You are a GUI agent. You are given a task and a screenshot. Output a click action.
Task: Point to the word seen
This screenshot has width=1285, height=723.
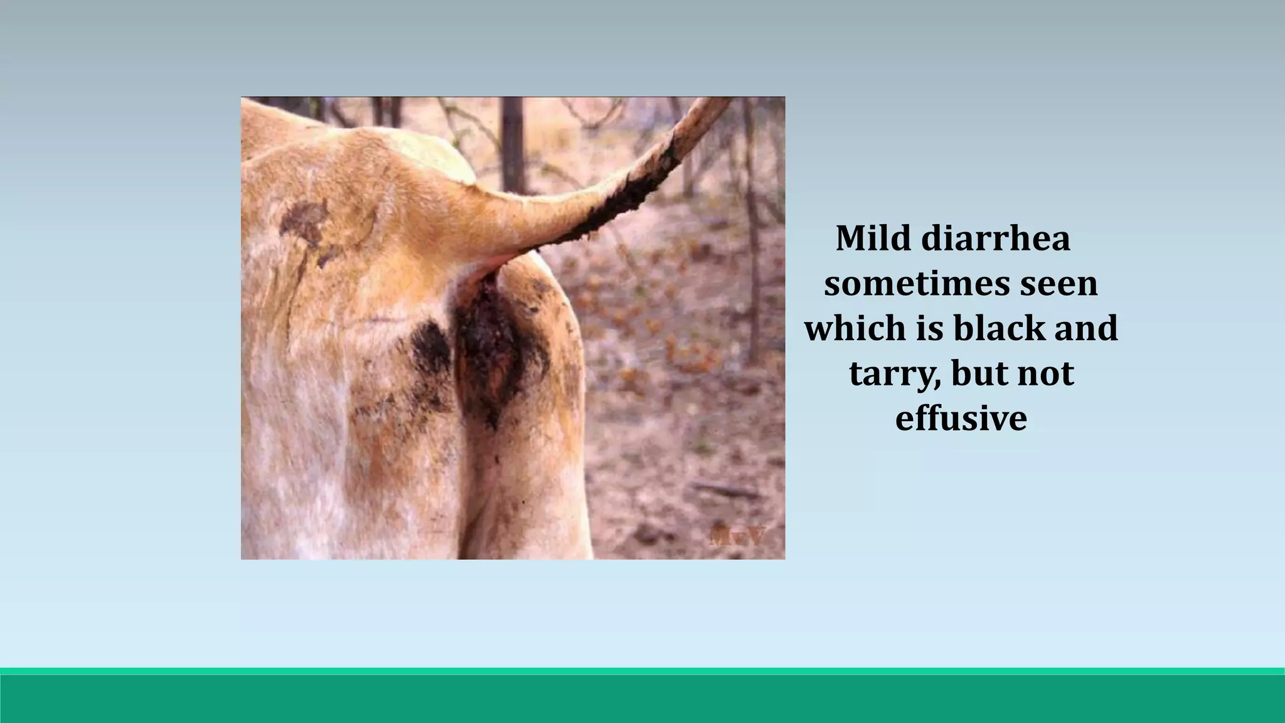coord(1058,284)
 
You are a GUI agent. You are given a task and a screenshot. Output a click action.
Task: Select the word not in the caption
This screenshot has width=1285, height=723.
coord(1046,374)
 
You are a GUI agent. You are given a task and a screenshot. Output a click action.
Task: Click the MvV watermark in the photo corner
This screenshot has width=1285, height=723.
coord(738,537)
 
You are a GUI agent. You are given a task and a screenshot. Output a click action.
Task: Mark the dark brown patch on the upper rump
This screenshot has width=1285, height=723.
coord(307,223)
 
